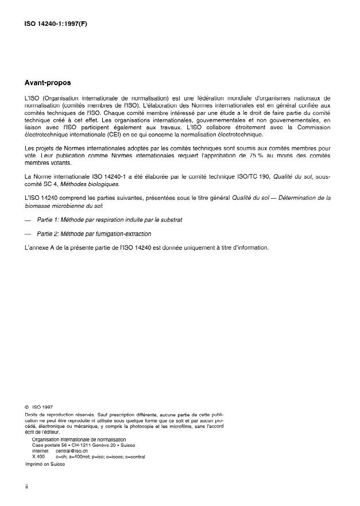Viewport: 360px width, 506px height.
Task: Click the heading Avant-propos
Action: tap(47, 83)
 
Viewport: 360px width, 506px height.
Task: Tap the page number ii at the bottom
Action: tap(26, 486)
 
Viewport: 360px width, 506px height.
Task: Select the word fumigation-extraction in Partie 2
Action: tap(122, 234)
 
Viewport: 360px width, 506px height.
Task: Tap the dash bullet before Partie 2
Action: tap(28, 234)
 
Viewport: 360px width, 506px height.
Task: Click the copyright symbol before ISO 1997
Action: tap(26, 407)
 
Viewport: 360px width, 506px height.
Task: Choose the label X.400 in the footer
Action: tap(38, 457)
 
